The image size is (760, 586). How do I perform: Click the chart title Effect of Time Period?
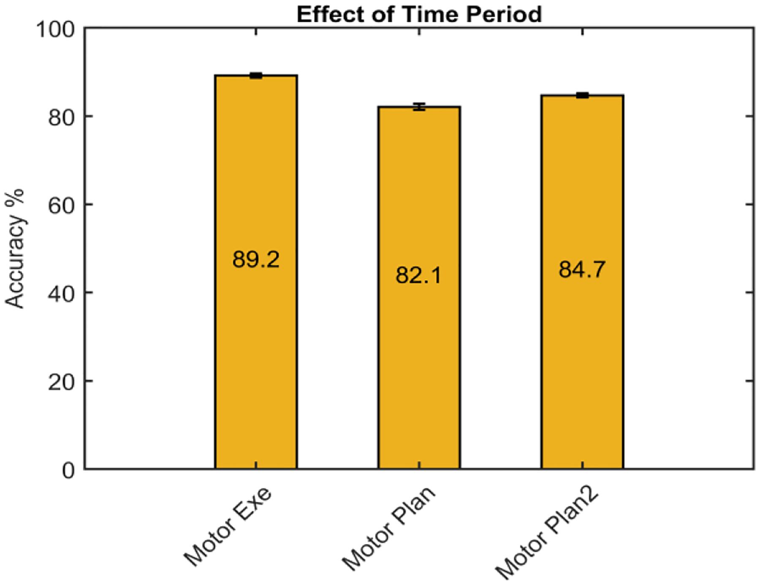click(419, 14)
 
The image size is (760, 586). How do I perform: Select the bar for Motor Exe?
click(256, 359)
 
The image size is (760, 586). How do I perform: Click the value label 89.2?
click(256, 259)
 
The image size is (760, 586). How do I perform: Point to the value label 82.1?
click(419, 275)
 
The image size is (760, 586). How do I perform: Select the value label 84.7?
click(582, 269)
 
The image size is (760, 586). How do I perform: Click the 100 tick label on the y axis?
click(55, 30)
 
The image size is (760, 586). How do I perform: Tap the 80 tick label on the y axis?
click(61, 117)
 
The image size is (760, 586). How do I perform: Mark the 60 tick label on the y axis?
click(61, 205)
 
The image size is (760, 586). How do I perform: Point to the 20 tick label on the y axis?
click(61, 382)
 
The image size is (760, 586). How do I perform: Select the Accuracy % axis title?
click(14, 249)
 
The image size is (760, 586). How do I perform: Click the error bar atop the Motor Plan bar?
click(419, 106)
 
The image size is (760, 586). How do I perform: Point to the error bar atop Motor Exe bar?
click(256, 76)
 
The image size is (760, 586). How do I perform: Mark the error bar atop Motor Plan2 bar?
click(582, 95)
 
